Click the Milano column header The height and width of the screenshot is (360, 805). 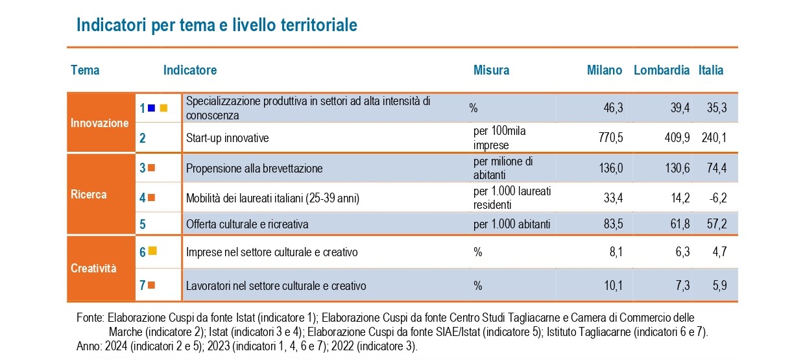click(x=605, y=70)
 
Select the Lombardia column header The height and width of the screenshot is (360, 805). click(x=662, y=70)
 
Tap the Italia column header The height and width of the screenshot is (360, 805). click(x=711, y=70)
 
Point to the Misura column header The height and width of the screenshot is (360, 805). click(x=491, y=70)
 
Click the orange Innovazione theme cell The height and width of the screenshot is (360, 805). click(x=100, y=123)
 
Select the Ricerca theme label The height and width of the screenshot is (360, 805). click(x=90, y=194)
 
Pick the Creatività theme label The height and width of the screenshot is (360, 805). click(x=93, y=268)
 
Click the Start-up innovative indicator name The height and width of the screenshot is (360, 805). click(x=227, y=138)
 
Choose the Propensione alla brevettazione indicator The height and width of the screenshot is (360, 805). click(x=254, y=169)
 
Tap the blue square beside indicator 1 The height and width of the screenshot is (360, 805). click(x=151, y=108)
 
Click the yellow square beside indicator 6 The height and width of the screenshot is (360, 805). click(x=152, y=250)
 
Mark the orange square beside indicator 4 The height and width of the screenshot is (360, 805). click(x=151, y=198)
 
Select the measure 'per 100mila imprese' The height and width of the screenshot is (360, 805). click(x=499, y=138)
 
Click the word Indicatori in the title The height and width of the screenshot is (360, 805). click(x=111, y=25)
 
